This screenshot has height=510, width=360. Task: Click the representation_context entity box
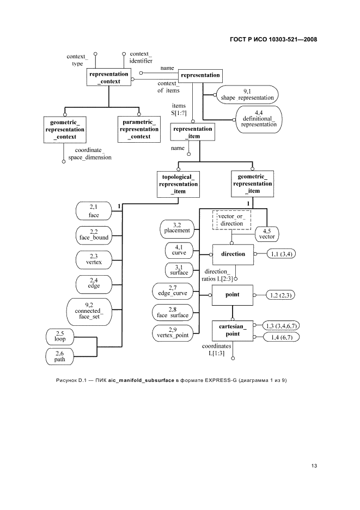coord(109,77)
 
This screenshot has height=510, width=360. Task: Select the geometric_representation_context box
coord(64,130)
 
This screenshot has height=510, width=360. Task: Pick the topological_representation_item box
coord(179,184)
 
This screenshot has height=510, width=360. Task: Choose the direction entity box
coord(233,254)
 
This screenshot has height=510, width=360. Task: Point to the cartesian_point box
coord(233,330)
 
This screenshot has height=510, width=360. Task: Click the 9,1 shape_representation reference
coord(247,95)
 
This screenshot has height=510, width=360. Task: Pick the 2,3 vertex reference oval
coord(93,258)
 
